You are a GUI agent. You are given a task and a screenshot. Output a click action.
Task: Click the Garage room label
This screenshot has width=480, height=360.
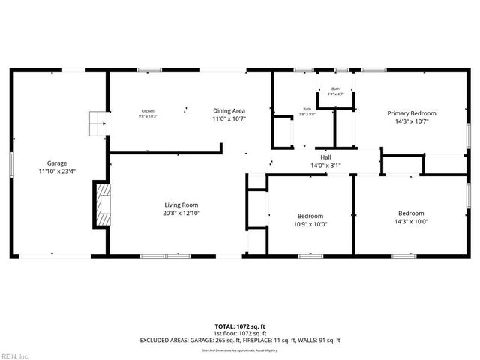click(x=57, y=163)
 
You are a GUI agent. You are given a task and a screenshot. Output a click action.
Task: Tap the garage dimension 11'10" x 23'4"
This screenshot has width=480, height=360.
click(x=57, y=171)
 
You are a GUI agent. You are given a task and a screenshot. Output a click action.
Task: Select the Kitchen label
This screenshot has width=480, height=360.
click(x=146, y=110)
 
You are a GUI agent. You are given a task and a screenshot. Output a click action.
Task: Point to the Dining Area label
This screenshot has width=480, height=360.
click(x=229, y=110)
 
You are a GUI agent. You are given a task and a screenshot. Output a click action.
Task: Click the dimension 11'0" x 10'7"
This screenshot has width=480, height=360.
click(x=229, y=118)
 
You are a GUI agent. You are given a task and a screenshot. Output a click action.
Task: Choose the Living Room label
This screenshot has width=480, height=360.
click(x=181, y=205)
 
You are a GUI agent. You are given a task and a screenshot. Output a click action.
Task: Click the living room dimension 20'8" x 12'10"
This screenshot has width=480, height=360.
click(x=181, y=213)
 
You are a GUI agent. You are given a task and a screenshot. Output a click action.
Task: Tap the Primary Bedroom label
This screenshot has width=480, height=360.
click(x=411, y=113)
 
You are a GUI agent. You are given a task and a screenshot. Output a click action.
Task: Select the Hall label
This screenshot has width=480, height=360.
click(x=325, y=157)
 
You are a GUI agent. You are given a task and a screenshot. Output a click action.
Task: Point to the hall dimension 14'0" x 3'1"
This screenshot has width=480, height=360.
click(x=325, y=165)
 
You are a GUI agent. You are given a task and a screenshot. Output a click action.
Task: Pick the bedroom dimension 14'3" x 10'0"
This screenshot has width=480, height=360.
click(x=410, y=221)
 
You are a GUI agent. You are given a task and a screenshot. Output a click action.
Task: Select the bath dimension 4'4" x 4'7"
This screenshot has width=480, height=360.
click(x=335, y=94)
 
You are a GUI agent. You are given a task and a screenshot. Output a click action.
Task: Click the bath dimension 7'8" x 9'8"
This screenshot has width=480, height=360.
click(x=307, y=115)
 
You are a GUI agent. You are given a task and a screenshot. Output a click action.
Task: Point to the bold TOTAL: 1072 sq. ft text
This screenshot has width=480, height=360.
click(x=239, y=326)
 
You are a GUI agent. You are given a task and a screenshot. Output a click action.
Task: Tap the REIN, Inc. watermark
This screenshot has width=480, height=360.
click(x=15, y=355)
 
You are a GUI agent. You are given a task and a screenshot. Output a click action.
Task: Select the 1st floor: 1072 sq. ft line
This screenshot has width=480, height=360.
click(x=239, y=333)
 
